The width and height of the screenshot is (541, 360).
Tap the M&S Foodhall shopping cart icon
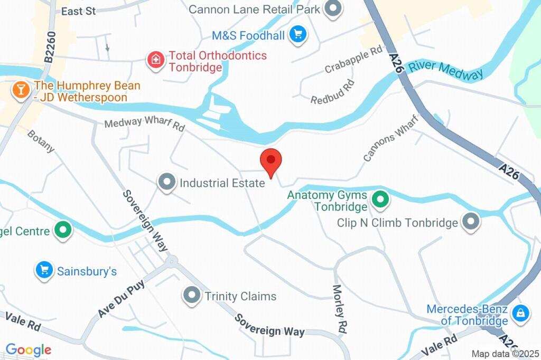pos(299,35)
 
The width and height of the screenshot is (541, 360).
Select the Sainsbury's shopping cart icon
pos(44,271)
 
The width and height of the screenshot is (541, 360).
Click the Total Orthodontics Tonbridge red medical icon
pos(156,59)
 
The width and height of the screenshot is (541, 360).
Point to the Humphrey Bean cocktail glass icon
pos(21,89)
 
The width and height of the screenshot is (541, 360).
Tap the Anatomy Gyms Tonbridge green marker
pos(380,200)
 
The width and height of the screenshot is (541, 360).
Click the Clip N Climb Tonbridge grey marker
pos(470,222)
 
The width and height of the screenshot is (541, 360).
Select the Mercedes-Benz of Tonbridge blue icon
pos(521,313)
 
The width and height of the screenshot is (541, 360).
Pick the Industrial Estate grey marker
pos(167,183)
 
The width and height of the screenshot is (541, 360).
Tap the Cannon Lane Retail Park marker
pos(333,9)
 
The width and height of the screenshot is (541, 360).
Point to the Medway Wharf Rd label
pos(145,124)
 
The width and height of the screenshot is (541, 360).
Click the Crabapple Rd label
pos(353,60)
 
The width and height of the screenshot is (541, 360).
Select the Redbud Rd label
pos(332,92)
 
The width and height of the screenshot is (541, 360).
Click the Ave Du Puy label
pos(121,299)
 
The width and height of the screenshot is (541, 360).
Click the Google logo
pos(29,349)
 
